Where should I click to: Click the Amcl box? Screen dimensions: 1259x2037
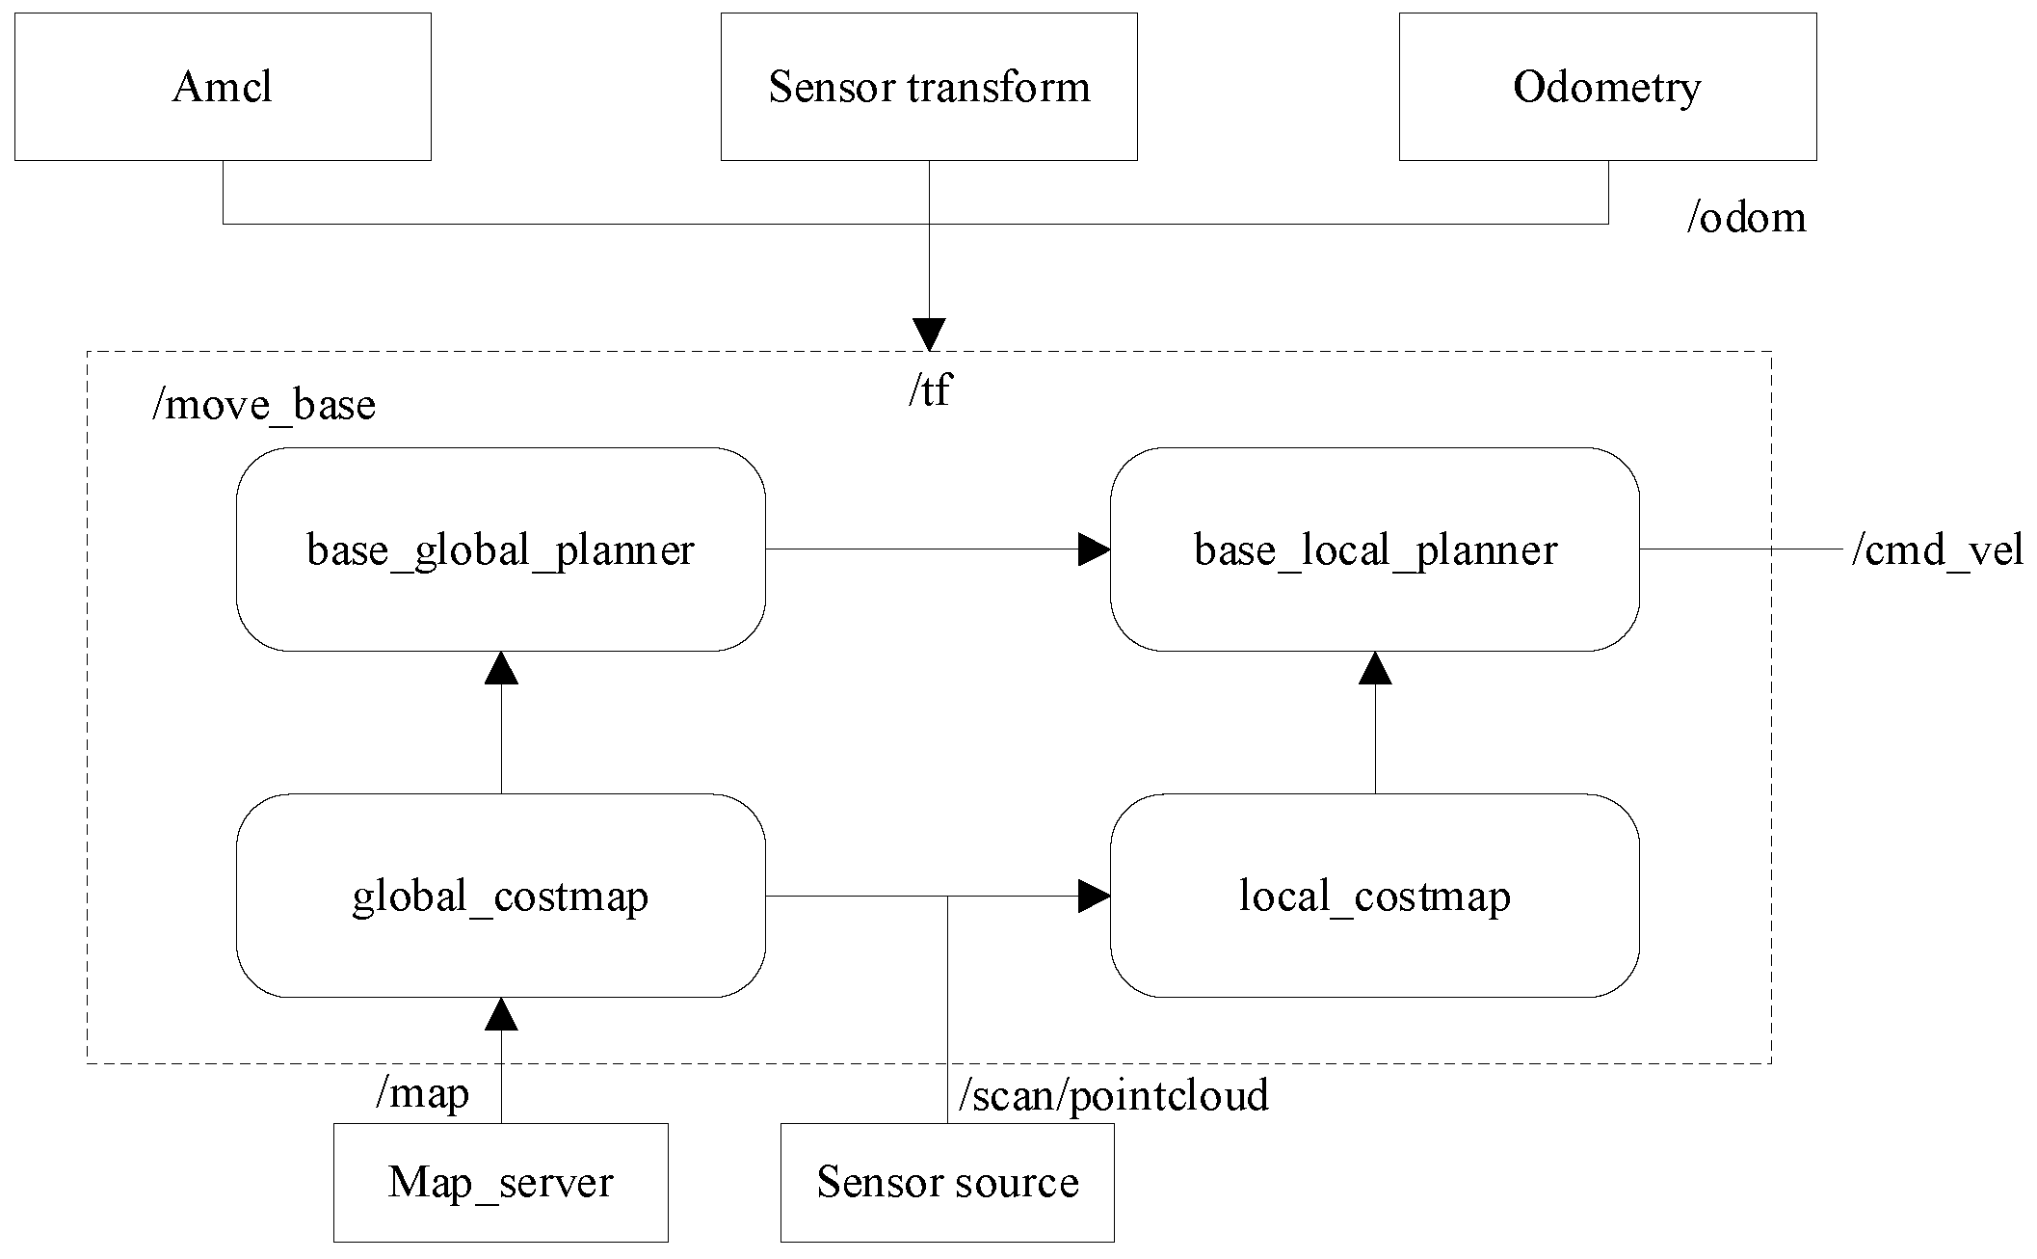[x=223, y=87]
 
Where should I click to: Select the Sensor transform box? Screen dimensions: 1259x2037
[x=929, y=87]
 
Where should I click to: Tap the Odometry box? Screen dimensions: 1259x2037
[x=1607, y=87]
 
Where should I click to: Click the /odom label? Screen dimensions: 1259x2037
[x=1746, y=218]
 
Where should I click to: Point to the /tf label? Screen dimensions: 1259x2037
[x=930, y=390]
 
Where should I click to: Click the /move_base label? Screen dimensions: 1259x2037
[x=264, y=404]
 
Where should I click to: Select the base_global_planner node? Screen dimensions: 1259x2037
[x=501, y=549]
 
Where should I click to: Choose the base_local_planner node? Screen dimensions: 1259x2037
[x=1375, y=549]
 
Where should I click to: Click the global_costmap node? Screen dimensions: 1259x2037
[x=501, y=896]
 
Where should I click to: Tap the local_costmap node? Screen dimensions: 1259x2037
[x=1375, y=896]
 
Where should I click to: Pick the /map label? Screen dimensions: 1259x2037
[x=422, y=1093]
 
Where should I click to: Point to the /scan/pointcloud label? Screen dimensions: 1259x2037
[x=1114, y=1095]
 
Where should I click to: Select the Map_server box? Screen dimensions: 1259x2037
[x=501, y=1183]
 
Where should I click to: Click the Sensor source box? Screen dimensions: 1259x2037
[x=947, y=1183]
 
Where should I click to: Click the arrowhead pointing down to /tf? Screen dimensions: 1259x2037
[x=930, y=335]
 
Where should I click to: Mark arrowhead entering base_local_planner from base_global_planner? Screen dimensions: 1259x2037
[x=1094, y=549]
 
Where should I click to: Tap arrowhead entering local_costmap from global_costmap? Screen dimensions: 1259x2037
[x=1094, y=896]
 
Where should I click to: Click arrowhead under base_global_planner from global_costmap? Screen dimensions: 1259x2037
[x=501, y=668]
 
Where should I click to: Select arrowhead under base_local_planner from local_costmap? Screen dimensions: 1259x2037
[x=1375, y=668]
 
